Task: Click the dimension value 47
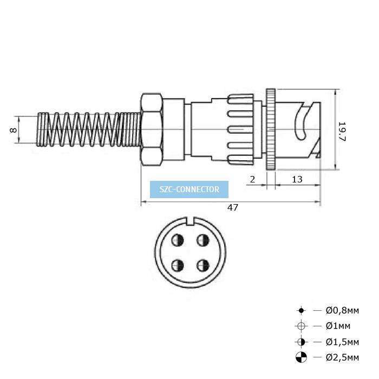[232, 207]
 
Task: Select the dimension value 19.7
[343, 132]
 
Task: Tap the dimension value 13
[297, 179]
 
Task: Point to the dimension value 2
[252, 179]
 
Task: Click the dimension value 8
[13, 130]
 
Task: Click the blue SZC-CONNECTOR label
[190, 190]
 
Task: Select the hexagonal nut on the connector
[151, 129]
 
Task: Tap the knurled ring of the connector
[271, 129]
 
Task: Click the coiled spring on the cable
[89, 129]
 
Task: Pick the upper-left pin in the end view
[178, 240]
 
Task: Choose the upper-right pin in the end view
[203, 240]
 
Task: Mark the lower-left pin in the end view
[178, 266]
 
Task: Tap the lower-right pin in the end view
[203, 266]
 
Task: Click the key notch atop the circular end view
[191, 221]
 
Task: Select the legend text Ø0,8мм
[342, 310]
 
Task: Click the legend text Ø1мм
[338, 326]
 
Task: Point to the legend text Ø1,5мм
[342, 342]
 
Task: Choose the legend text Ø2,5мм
[342, 357]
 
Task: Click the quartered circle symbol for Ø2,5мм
[301, 357]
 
